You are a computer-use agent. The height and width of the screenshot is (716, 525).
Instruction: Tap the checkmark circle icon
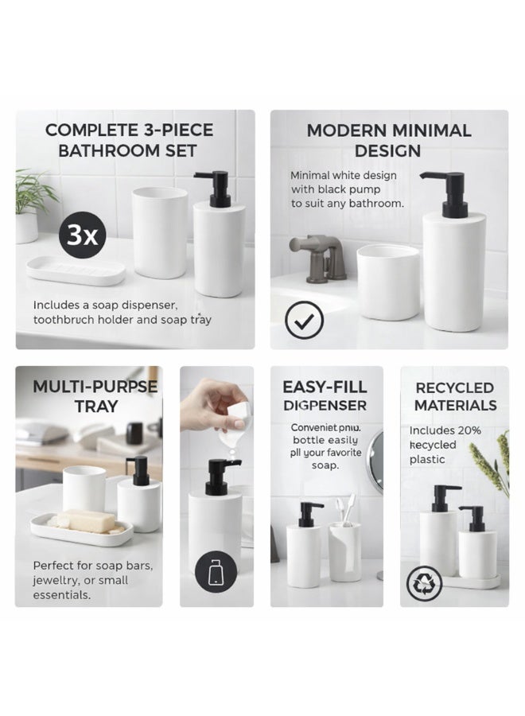click(304, 321)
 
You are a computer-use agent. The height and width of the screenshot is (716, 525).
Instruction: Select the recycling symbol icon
click(424, 583)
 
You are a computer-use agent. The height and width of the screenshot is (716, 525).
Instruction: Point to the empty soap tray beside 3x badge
click(76, 270)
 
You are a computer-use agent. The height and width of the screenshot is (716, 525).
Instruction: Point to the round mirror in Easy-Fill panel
click(375, 461)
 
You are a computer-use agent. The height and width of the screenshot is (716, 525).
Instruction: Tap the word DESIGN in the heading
click(389, 150)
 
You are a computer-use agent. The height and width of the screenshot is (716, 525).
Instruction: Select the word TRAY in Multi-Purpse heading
click(96, 407)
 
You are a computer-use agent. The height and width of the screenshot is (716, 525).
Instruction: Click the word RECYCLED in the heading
click(454, 387)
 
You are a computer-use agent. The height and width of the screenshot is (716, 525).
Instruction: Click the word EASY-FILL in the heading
click(325, 387)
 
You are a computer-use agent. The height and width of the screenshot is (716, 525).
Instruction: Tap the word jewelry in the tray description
click(56, 580)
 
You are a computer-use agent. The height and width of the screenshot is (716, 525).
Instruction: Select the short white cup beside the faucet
click(388, 282)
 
